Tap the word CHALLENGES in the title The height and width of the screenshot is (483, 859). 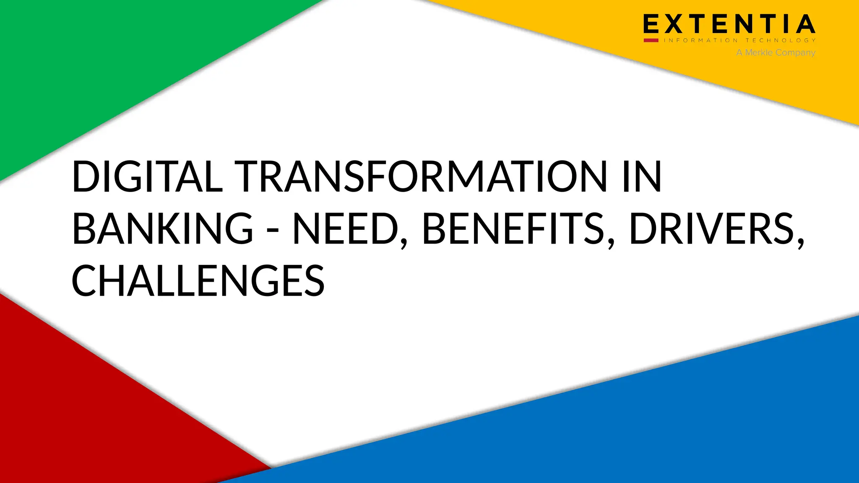tap(198, 280)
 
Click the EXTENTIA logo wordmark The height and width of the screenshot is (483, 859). tap(729, 24)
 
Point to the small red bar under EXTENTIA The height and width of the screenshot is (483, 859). tap(651, 40)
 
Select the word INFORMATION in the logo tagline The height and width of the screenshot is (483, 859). tap(700, 40)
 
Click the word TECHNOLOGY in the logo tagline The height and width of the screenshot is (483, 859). tap(780, 40)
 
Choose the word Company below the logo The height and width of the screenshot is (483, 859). tap(795, 53)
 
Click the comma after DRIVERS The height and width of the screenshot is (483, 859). tap(801, 243)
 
